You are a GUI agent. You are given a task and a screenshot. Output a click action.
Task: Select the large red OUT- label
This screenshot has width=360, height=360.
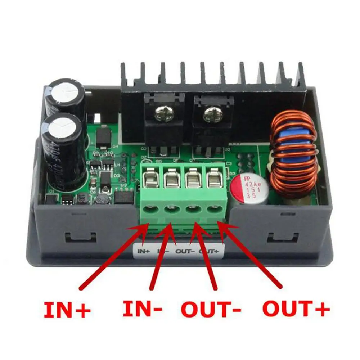point(210,309)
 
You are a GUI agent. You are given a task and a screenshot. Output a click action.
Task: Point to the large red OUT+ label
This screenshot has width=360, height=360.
point(296,309)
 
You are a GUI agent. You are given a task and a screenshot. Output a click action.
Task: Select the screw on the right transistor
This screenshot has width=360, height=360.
point(210,116)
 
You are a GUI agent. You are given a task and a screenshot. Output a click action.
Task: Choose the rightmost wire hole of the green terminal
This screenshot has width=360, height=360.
point(215,208)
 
